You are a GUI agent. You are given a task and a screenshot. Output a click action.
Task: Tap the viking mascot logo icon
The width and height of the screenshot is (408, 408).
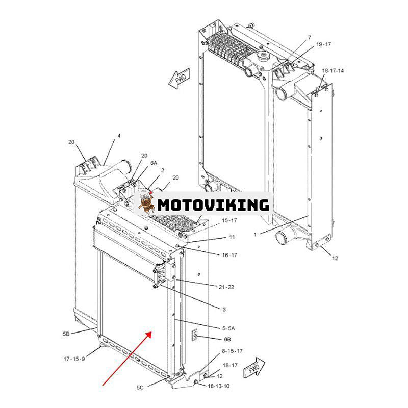[146, 203]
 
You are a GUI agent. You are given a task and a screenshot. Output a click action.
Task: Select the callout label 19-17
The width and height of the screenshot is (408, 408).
[323, 45]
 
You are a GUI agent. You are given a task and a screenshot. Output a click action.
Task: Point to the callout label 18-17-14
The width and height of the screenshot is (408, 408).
[333, 70]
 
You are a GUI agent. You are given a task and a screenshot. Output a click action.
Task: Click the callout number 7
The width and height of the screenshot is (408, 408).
[309, 38]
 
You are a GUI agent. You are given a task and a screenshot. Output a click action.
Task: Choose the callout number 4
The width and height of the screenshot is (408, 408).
[119, 136]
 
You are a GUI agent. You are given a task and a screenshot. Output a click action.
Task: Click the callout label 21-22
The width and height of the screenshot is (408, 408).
[226, 287]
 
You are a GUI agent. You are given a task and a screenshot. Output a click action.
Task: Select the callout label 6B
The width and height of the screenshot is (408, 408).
[226, 339]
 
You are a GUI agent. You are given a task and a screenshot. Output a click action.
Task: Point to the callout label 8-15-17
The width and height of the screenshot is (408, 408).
[232, 351]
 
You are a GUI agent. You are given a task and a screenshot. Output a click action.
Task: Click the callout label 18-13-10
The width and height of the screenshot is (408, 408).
[218, 386]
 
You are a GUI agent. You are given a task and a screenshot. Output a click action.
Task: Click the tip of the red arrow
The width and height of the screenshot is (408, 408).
[151, 332]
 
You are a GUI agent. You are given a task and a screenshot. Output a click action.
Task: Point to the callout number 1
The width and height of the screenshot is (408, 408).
[255, 234]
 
